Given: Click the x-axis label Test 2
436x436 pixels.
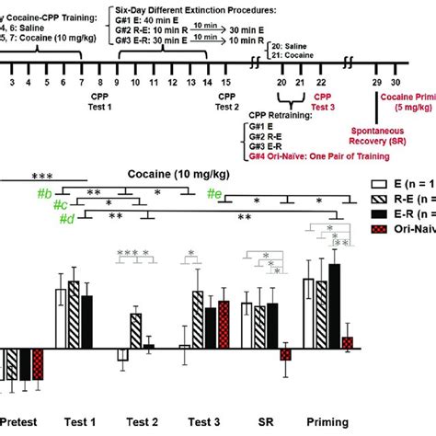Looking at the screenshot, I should [x=143, y=422].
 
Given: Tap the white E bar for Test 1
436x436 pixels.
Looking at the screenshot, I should [x=61, y=318].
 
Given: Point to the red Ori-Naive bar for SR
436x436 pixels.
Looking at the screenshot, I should [x=285, y=355].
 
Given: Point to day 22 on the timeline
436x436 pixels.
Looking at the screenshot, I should [x=320, y=82].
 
